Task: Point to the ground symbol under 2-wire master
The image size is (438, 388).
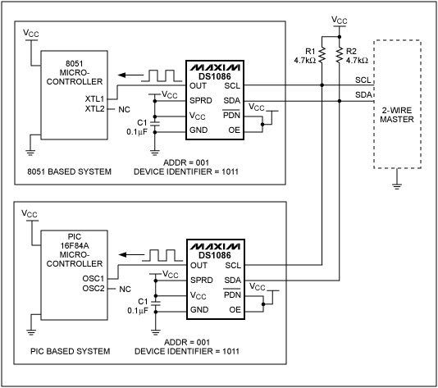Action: tap(398, 185)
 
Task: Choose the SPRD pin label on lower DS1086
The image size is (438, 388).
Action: tap(200, 281)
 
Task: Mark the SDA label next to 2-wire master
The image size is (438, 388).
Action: tap(363, 95)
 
